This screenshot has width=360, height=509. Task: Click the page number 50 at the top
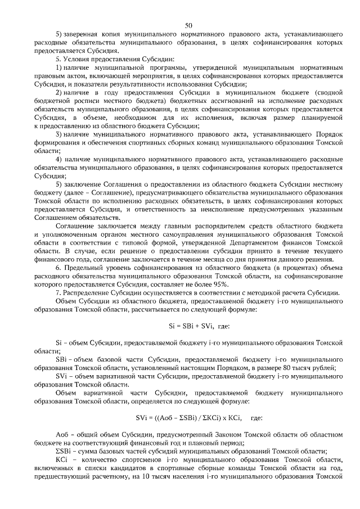(188, 25)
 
